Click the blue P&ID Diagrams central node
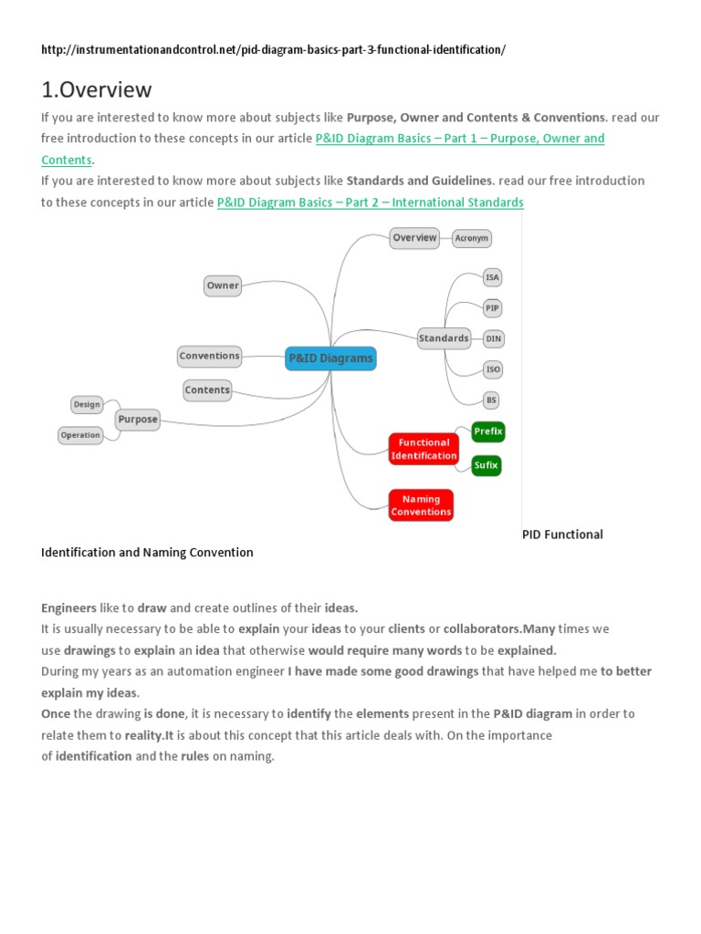click(330, 358)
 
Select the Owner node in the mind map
click(223, 285)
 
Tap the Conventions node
click(209, 356)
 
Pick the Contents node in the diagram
click(207, 390)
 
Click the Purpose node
click(138, 420)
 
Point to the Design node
click(87, 404)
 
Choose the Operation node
click(80, 435)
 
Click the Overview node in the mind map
click(414, 238)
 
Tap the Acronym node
click(472, 238)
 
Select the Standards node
click(444, 338)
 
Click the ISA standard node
click(493, 277)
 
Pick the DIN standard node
click(493, 338)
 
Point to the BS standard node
click(492, 400)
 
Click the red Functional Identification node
click(424, 449)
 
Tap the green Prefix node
click(488, 431)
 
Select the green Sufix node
click(486, 465)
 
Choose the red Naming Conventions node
click(421, 505)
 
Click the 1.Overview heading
click(97, 89)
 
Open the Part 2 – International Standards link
click(370, 202)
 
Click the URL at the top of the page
click(273, 49)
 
